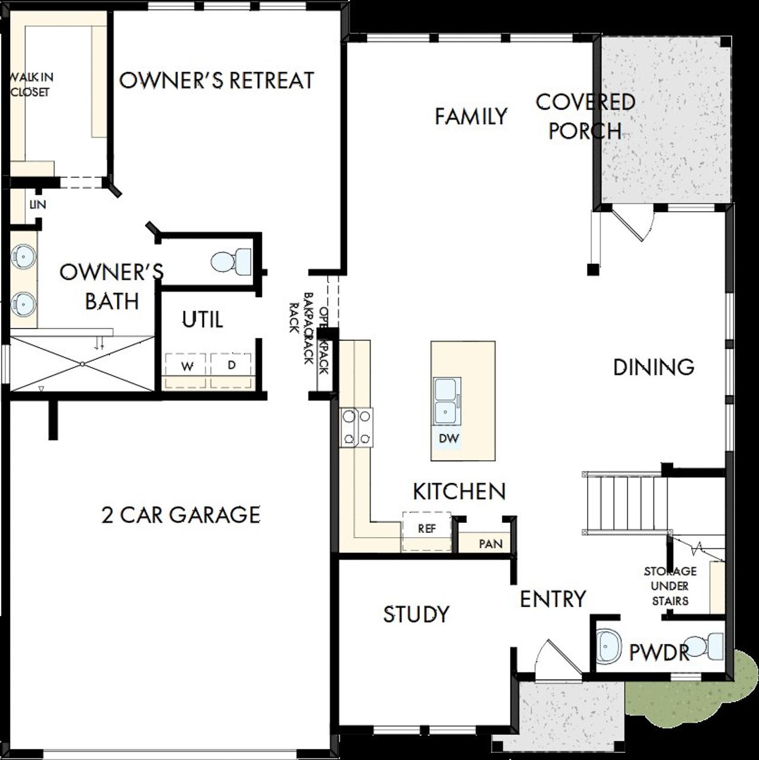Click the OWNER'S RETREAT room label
point(216,81)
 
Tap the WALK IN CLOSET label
point(31,84)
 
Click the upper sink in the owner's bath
point(24,257)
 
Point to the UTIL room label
point(202,320)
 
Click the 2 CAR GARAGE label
point(181,515)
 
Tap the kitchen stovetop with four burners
point(356,427)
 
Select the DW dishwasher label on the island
point(449,439)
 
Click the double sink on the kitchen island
point(446,401)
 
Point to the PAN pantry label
point(490,544)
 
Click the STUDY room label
point(416,614)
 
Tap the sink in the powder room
point(608,646)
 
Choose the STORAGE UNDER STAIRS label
point(670,586)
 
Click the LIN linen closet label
point(37,205)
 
